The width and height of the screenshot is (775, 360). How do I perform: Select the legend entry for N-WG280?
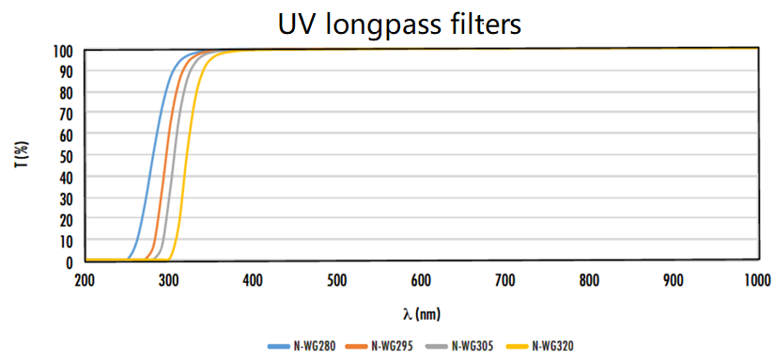tap(315, 346)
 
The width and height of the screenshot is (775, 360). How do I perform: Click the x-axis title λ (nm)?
tap(420, 311)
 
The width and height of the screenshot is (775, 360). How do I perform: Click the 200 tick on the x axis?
tap(85, 279)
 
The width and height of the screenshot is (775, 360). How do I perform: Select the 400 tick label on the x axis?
tap(253, 279)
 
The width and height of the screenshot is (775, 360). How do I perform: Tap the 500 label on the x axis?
tap(337, 279)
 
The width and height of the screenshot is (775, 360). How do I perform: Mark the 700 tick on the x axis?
tap(505, 279)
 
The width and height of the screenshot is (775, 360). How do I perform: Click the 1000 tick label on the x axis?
tap(756, 279)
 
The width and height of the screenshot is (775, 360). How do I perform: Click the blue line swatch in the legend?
tap(278, 346)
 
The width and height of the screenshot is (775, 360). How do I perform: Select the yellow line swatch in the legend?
tap(517, 346)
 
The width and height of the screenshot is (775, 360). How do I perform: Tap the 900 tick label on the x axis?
tap(674, 279)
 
